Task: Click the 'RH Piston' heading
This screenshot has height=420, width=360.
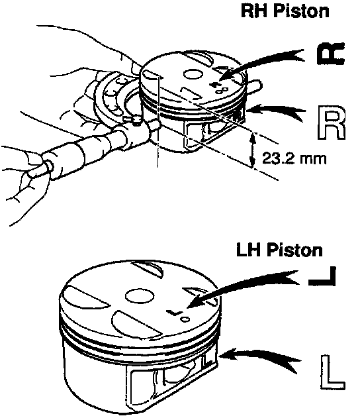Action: [285, 11]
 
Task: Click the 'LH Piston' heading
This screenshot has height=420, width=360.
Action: [279, 250]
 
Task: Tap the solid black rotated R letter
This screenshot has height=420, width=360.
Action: [330, 54]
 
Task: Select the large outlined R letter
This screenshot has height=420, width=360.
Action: [332, 123]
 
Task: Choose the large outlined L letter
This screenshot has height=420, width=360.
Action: [332, 372]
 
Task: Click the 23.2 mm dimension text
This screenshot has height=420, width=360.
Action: [294, 158]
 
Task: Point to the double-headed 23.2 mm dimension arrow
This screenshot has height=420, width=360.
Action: [252, 150]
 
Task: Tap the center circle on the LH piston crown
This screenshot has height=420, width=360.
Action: [140, 296]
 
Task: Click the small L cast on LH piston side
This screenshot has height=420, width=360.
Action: [206, 360]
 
